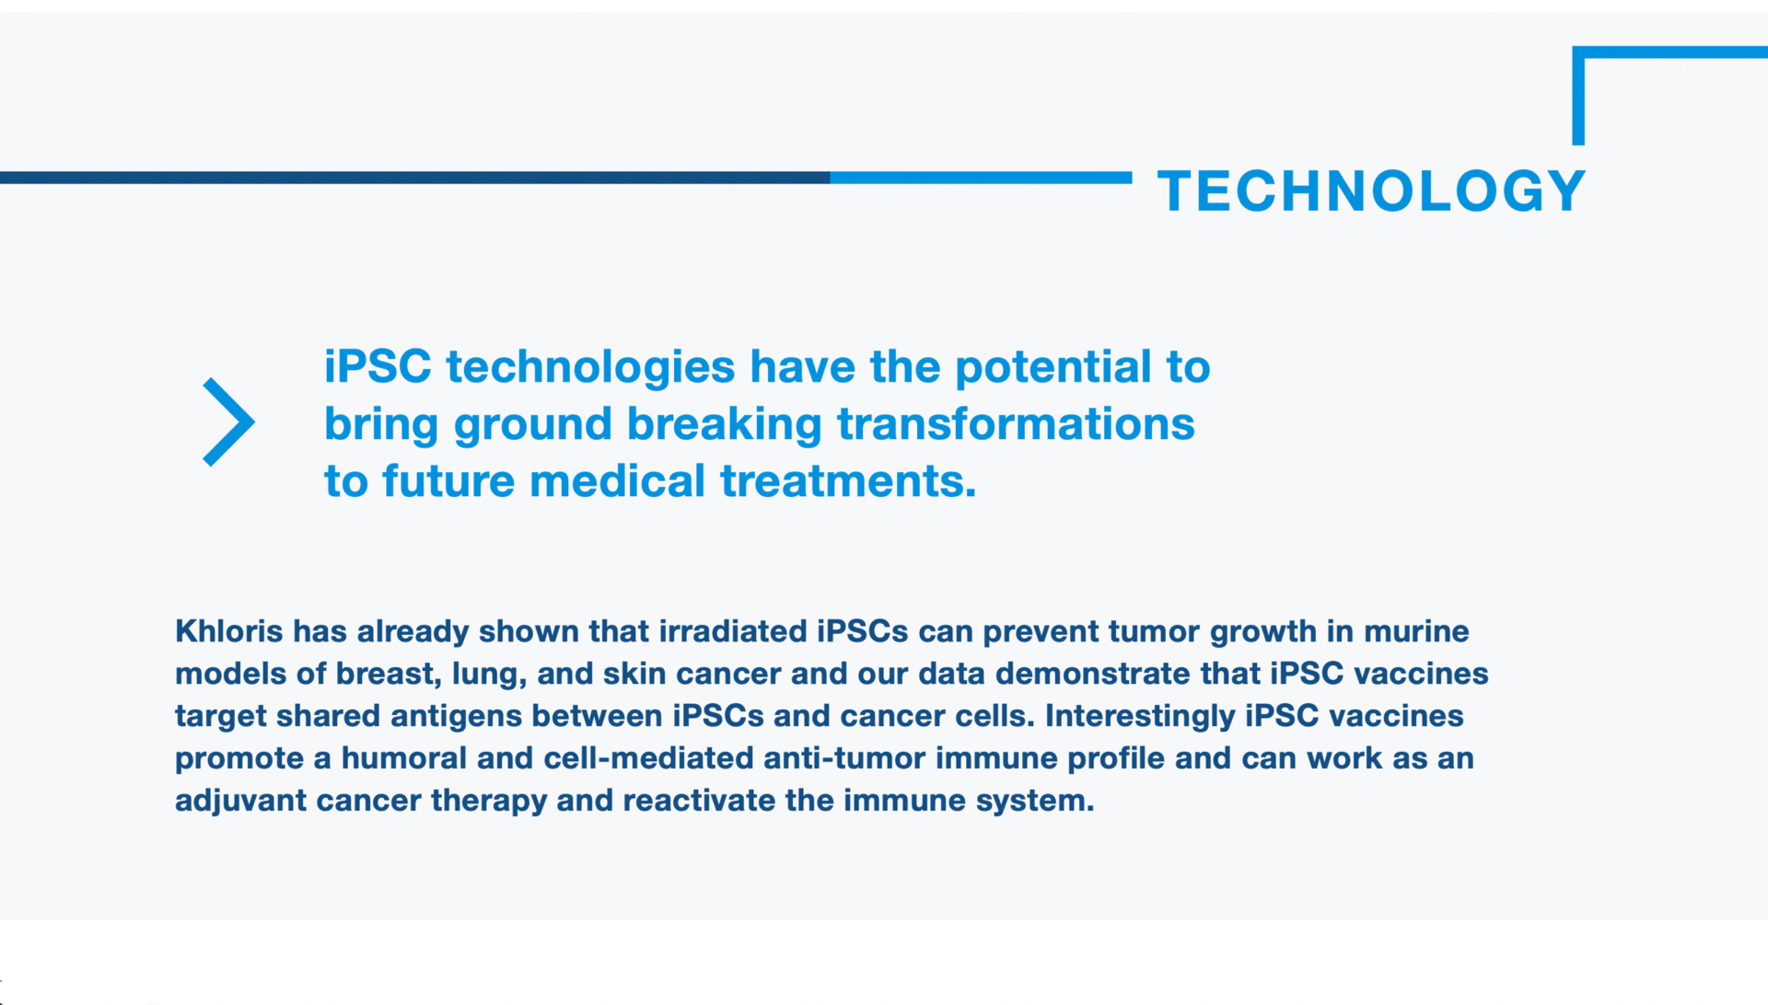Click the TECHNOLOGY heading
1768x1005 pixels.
tap(1371, 191)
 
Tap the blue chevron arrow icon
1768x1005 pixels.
tap(229, 422)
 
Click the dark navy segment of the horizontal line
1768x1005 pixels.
tap(414, 178)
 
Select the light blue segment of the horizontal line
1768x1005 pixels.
tap(981, 178)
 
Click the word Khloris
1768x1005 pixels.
tap(229, 631)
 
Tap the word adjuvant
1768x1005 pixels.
tap(241, 802)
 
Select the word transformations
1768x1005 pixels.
tap(1016, 423)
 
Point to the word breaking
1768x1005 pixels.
tap(724, 425)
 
